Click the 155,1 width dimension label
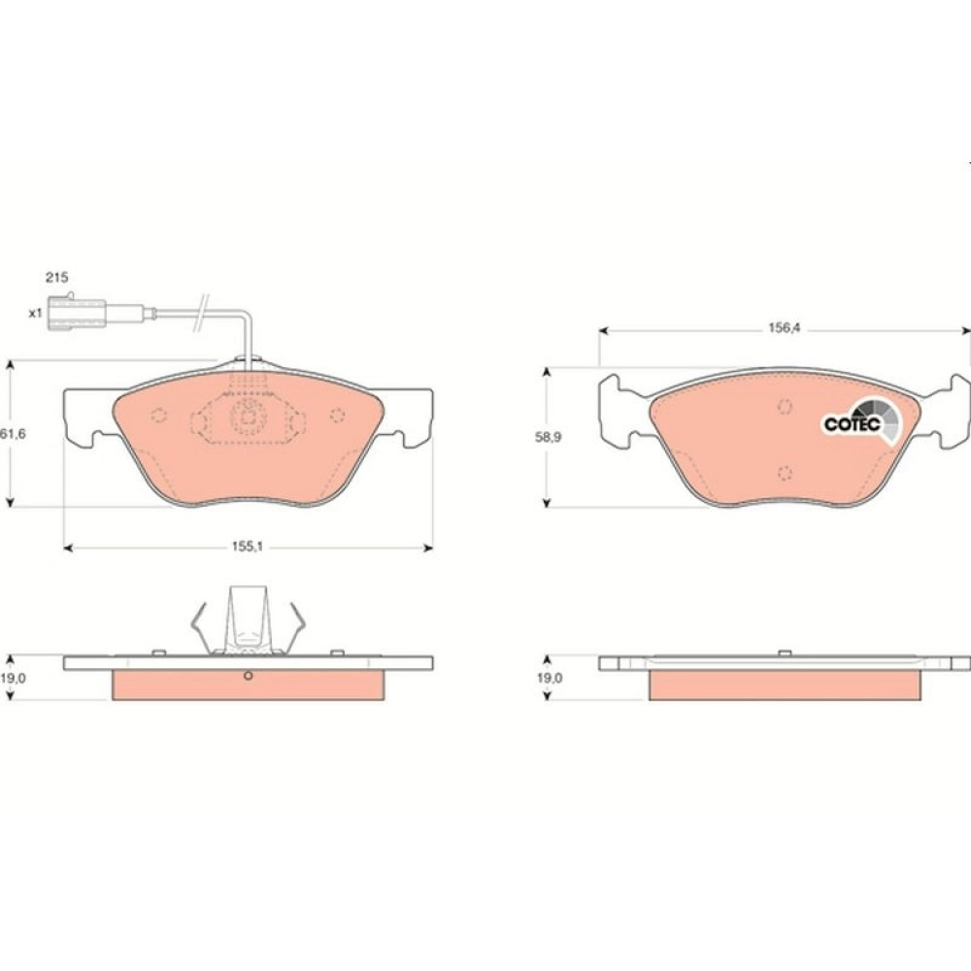[247, 547]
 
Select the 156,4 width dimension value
[785, 328]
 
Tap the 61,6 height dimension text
[13, 433]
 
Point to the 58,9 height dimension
[548, 437]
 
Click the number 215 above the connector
[56, 278]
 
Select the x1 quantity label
[35, 314]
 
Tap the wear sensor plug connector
[77, 312]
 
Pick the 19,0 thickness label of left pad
[13, 678]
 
